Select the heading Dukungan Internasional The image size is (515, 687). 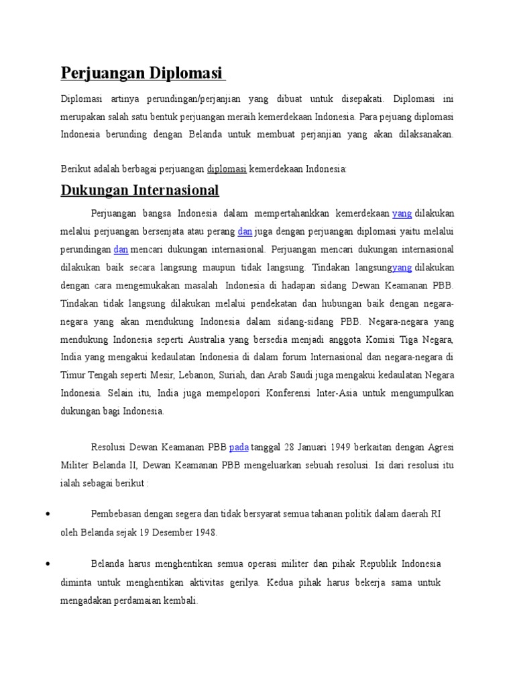[139, 190]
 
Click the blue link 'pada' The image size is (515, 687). [239, 447]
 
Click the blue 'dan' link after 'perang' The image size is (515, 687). [245, 231]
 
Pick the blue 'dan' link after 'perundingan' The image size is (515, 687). [121, 250]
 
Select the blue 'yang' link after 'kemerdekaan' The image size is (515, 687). [402, 213]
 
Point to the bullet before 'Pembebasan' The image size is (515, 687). [48, 515]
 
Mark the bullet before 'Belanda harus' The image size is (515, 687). [48, 565]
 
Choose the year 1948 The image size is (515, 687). [201, 533]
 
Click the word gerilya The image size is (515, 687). [245, 583]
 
